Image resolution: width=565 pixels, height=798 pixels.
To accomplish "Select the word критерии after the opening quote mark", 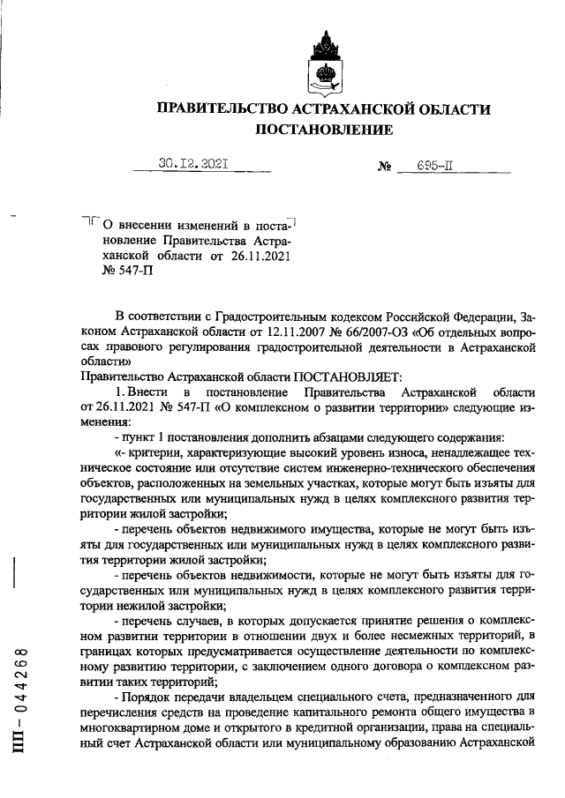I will (152, 451).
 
